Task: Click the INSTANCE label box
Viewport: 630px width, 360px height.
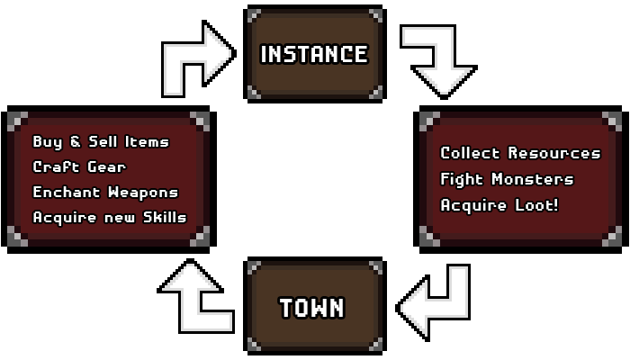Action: pos(314,54)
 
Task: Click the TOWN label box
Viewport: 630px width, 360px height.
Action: pos(312,308)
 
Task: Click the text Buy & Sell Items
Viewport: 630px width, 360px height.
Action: pos(100,141)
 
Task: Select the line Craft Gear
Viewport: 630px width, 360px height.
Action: pos(79,166)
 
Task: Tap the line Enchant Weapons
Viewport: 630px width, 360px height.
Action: pos(105,192)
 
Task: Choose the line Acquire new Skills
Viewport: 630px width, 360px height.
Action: pos(109,217)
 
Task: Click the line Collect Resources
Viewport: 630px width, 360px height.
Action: pos(519,154)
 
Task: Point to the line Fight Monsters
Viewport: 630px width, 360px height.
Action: pos(506,179)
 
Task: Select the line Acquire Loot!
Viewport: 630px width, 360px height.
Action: pos(499,204)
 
